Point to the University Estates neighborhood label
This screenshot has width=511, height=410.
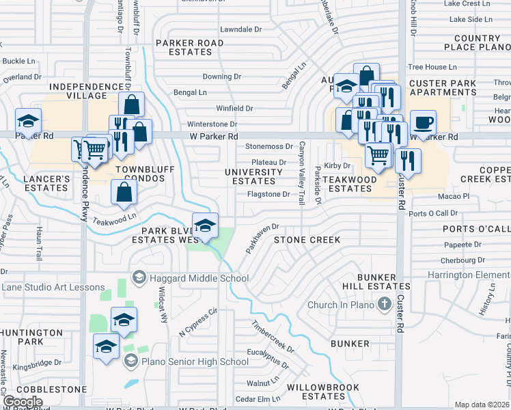[x=254, y=176]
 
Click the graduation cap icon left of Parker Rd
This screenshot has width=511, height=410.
[x=27, y=122]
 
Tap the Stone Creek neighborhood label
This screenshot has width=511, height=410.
[x=307, y=240]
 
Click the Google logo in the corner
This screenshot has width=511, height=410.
[x=23, y=402]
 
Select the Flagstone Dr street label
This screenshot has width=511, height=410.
[x=268, y=194]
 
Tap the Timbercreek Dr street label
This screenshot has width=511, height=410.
[x=273, y=337]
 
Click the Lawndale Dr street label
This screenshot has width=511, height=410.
[x=240, y=29]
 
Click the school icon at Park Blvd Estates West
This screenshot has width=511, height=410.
[x=204, y=227]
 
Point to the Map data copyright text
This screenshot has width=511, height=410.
[x=482, y=405]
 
